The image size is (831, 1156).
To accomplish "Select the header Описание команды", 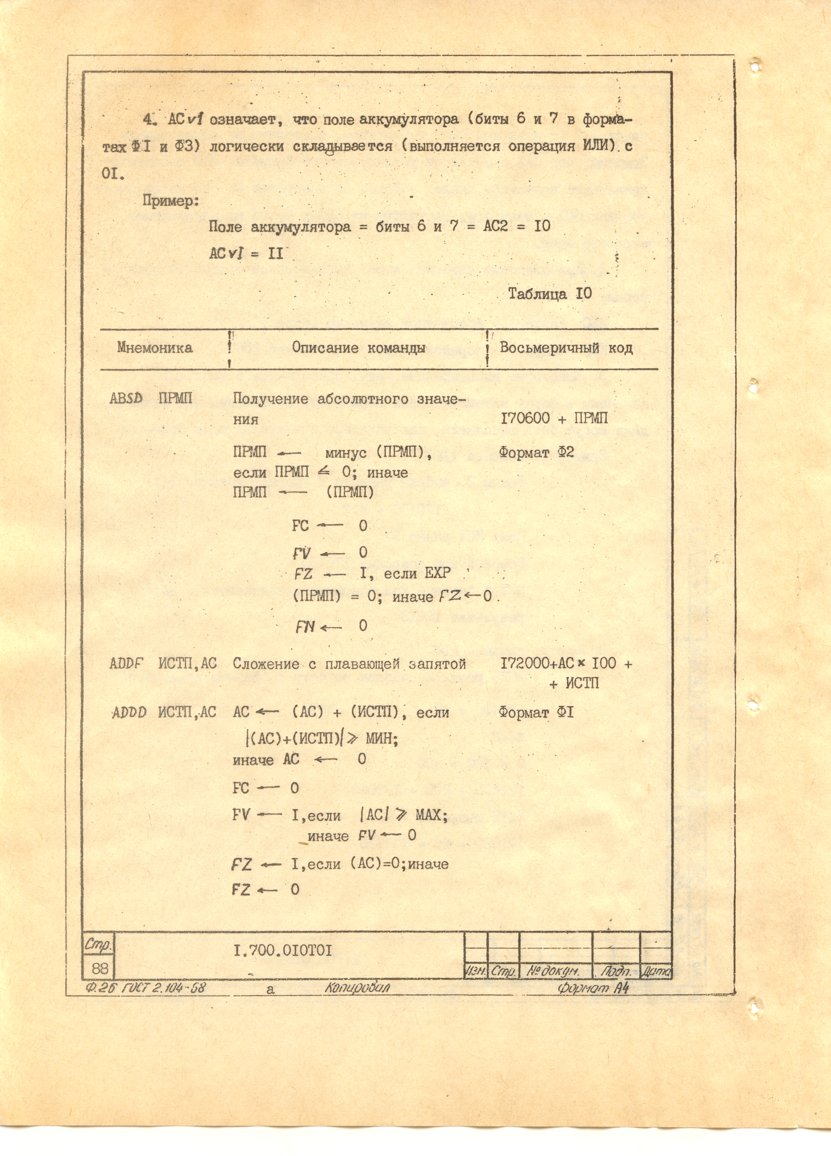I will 358,348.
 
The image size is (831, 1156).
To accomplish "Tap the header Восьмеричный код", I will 566,348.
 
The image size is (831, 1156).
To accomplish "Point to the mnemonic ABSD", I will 126,398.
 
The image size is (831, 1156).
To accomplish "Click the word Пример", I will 170,201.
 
